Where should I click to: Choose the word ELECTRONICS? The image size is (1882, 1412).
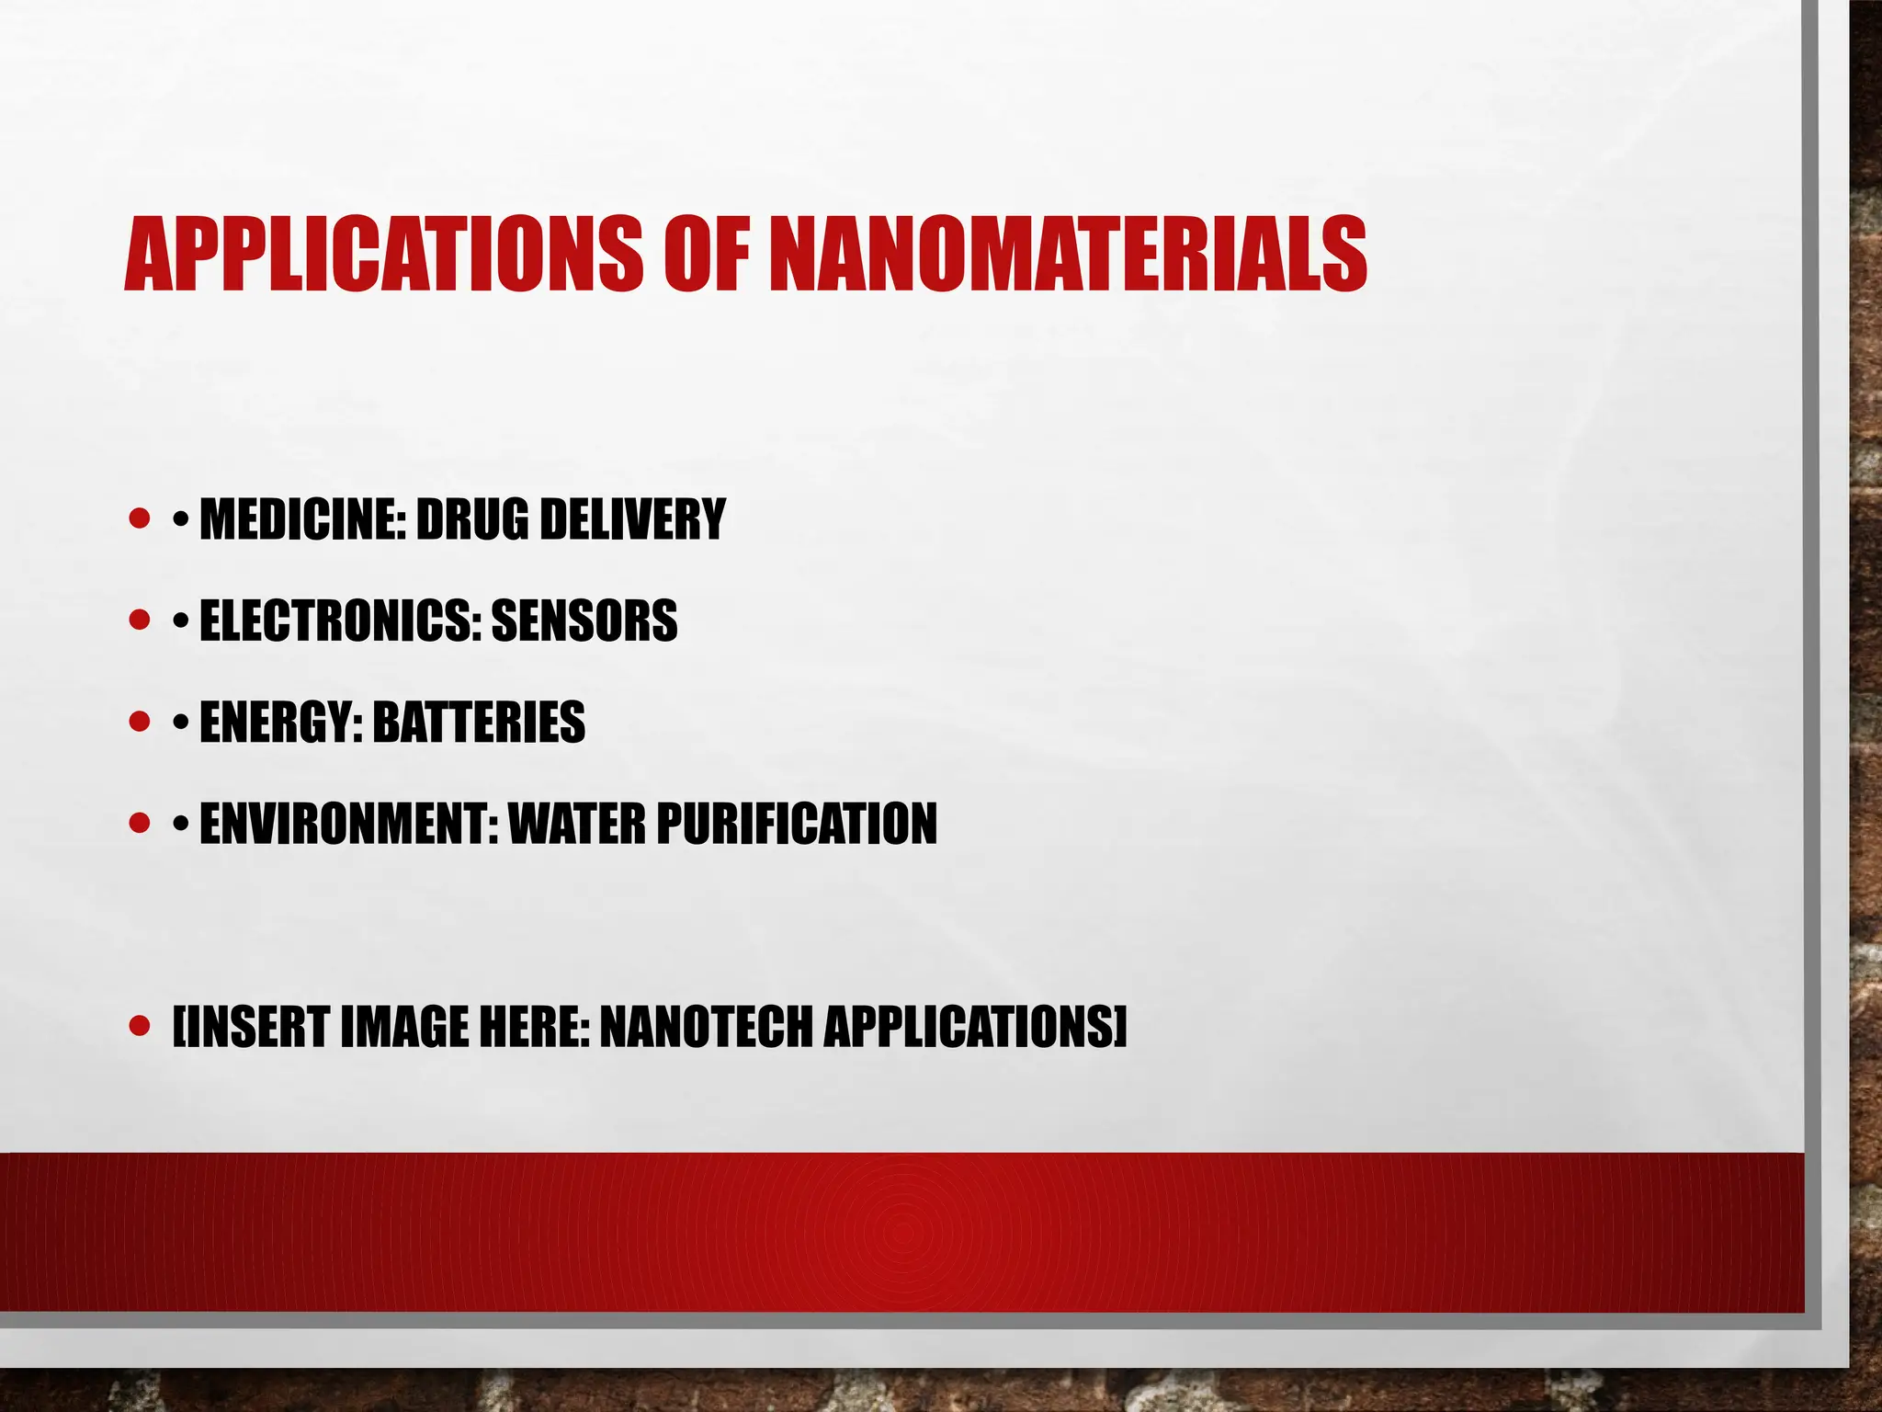pos(340,621)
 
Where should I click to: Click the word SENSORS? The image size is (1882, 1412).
pos(584,621)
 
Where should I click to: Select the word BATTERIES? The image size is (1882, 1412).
pos(479,722)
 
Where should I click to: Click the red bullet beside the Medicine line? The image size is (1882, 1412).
pos(140,518)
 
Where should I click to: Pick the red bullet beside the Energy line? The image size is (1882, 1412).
pos(140,721)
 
